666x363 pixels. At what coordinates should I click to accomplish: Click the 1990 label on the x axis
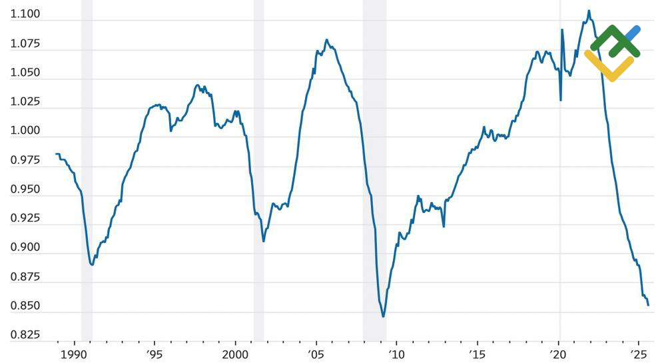[74, 352]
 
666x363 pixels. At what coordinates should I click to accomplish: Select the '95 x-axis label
[154, 352]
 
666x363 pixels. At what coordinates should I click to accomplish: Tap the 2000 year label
[235, 352]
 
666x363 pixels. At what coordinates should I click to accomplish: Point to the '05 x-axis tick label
[316, 352]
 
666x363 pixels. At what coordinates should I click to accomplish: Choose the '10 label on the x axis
[396, 352]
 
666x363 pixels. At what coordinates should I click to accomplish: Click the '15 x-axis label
[477, 352]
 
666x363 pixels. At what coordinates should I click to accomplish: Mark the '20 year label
[558, 352]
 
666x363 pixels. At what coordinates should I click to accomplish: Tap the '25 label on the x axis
[638, 352]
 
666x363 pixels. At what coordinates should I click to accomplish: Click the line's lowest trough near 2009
[384, 316]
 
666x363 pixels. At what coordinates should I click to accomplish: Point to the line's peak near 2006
[326, 40]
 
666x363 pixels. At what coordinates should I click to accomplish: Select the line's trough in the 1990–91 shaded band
[92, 264]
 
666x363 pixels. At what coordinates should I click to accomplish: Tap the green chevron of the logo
[615, 40]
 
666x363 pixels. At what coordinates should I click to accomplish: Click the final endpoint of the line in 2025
[649, 305]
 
